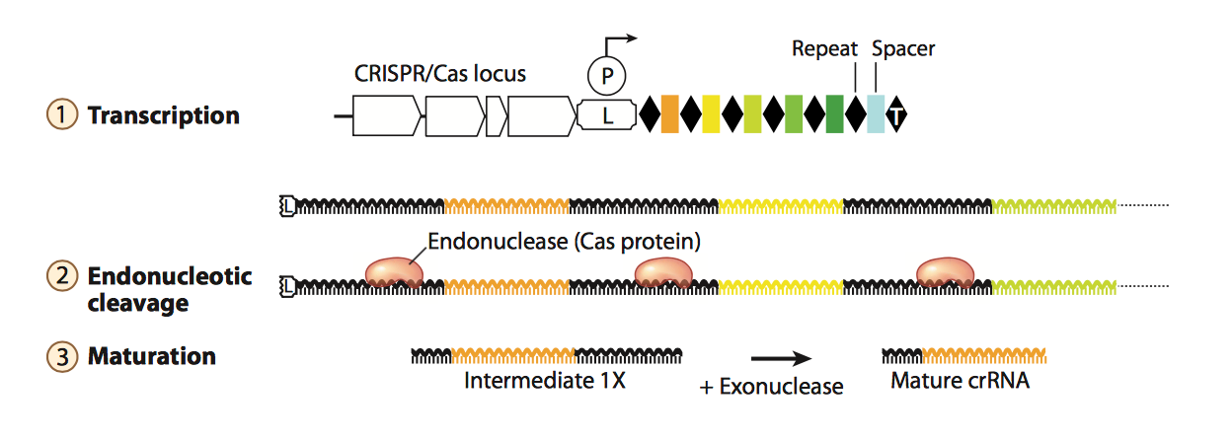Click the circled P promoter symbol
coord(606,74)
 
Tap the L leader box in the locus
coord(606,115)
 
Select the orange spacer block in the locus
coord(670,114)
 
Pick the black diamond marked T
coord(896,114)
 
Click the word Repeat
coord(823,47)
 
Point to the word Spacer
coord(903,47)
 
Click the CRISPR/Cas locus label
coord(439,73)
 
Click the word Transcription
coord(164,115)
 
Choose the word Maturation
coord(152,356)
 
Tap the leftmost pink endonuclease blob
coord(394,272)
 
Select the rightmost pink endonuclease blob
coord(945,272)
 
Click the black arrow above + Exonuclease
coord(781,358)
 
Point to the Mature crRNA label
coord(960,381)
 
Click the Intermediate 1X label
coord(545,381)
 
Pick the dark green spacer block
coord(834,114)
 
